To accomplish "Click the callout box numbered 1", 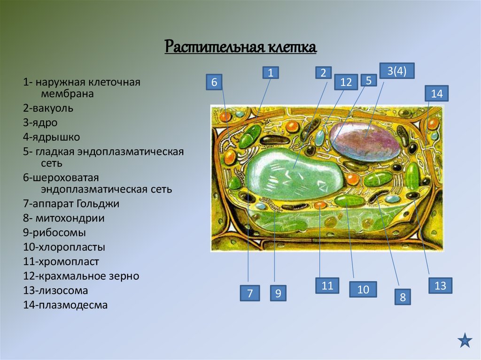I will (x=271, y=72).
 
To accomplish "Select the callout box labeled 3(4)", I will (x=396, y=71).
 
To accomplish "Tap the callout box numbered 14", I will (x=436, y=93).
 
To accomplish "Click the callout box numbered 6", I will (x=214, y=83).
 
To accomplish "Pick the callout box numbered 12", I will (x=346, y=82).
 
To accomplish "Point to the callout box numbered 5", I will (x=369, y=80).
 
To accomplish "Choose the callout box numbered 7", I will (x=249, y=293).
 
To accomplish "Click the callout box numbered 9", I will (x=278, y=293).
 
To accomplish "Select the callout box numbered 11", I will (x=327, y=285).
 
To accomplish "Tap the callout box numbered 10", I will (x=363, y=289).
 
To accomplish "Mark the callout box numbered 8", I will (x=403, y=297).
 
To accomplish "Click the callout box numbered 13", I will (x=440, y=285).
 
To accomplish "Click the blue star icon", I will (x=465, y=340).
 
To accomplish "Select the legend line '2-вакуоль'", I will (x=48, y=108).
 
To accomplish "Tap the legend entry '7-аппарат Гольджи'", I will (x=71, y=204).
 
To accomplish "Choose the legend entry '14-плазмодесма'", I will (x=65, y=305).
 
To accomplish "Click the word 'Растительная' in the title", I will (x=212, y=47).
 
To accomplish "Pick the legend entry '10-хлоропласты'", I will (x=64, y=247).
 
